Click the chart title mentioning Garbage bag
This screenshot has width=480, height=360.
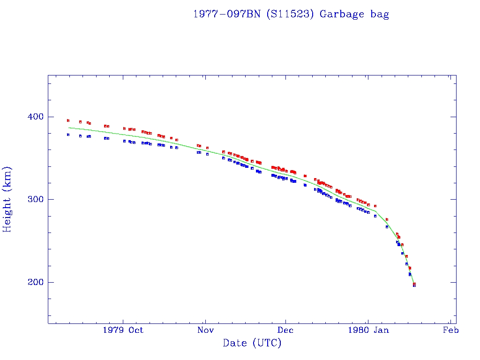coord(291,14)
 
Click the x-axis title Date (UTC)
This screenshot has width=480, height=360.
coord(252,344)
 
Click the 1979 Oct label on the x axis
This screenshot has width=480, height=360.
coord(123,330)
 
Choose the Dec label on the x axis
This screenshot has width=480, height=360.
coord(286,330)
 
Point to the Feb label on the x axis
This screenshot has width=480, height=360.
coord(450,330)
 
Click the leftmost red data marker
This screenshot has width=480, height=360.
coord(68,120)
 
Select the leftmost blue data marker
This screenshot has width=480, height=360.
coord(68,135)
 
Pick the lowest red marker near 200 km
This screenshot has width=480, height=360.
coord(414,284)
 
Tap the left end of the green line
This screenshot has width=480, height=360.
coord(69,127)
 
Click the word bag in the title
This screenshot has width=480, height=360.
coord(380,14)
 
